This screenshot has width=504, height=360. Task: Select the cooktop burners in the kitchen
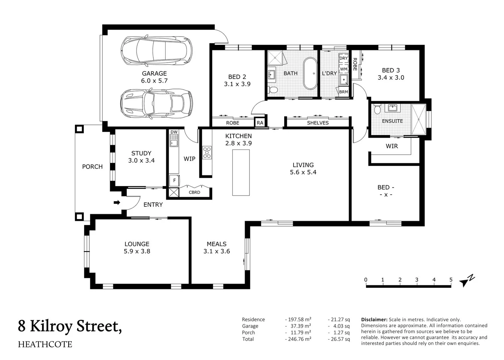pos(207,153)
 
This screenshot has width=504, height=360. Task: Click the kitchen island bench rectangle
pos(241,172)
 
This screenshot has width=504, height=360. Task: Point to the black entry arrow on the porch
pos(117,203)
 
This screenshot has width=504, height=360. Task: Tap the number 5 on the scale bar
pos(451,280)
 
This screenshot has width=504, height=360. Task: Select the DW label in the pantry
pos(174,132)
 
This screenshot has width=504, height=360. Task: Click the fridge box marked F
pos(174,180)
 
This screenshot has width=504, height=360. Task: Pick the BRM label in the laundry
pos(343,92)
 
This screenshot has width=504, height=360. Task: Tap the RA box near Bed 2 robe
pos(260,123)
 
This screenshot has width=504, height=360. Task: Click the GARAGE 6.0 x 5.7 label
pos(154,77)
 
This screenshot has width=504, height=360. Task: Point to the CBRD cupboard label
pos(195,192)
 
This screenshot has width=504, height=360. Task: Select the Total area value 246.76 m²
pos(298,339)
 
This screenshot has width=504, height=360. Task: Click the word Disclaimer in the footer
pos(374,319)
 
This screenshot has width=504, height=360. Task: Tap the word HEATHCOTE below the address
pos(45,344)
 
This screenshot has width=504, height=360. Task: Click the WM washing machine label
pos(343,69)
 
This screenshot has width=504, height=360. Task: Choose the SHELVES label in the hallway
pos(318,123)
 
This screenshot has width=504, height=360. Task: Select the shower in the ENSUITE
pos(419,119)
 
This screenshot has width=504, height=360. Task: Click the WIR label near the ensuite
pos(392,146)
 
